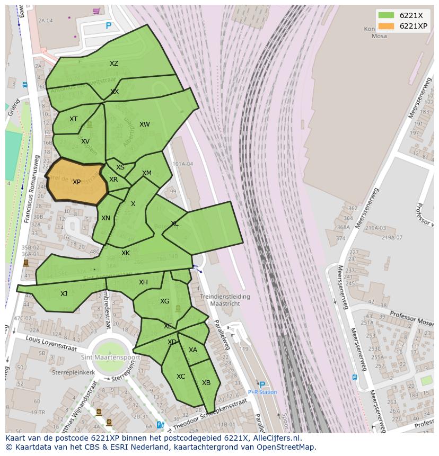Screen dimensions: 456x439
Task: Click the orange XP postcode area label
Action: click(76, 182)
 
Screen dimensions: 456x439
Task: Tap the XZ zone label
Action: click(114, 64)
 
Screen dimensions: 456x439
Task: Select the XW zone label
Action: click(144, 124)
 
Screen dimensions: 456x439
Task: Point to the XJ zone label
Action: click(64, 294)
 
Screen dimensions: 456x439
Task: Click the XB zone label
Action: click(206, 383)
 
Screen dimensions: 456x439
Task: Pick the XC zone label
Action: click(181, 377)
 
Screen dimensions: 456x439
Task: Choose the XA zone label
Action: click(193, 350)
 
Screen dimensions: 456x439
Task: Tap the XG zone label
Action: click(164, 301)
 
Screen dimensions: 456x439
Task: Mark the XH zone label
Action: click(143, 282)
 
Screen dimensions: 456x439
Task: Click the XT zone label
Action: click(73, 119)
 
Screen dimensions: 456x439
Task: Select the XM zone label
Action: click(147, 173)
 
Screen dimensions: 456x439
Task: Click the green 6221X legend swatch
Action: click(386, 15)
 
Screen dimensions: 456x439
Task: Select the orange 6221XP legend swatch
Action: click(386, 26)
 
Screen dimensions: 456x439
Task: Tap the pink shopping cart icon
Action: click(96, 11)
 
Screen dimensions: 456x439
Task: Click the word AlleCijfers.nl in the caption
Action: click(275, 438)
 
